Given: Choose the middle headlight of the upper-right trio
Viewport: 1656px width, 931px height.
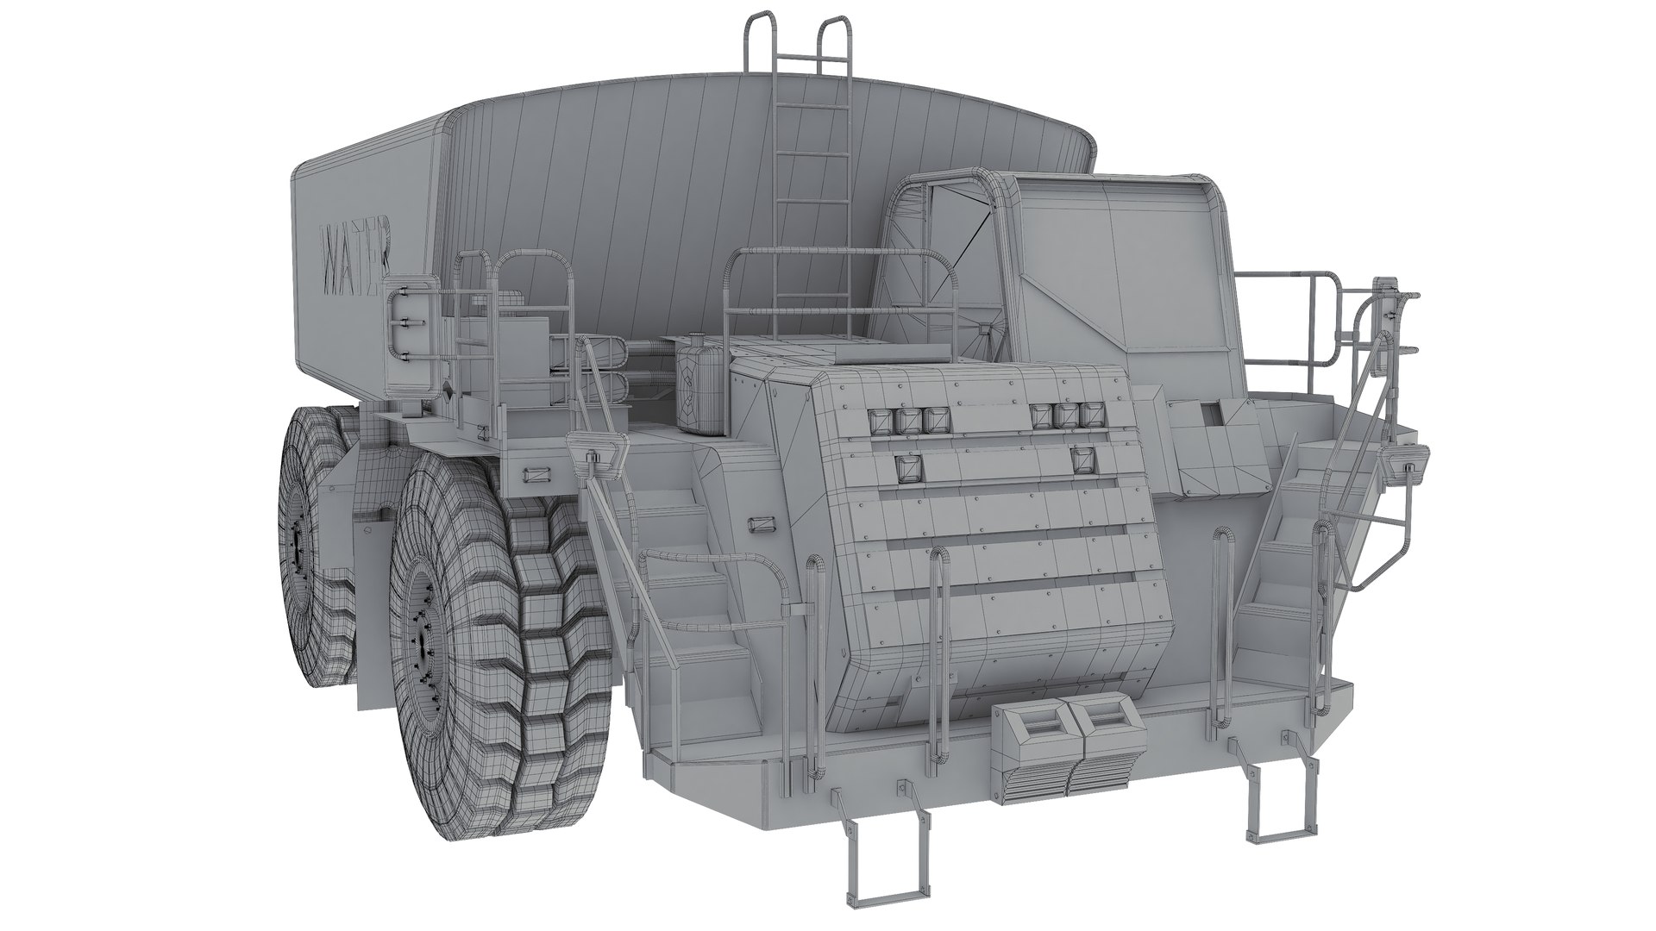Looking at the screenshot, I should [1069, 416].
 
